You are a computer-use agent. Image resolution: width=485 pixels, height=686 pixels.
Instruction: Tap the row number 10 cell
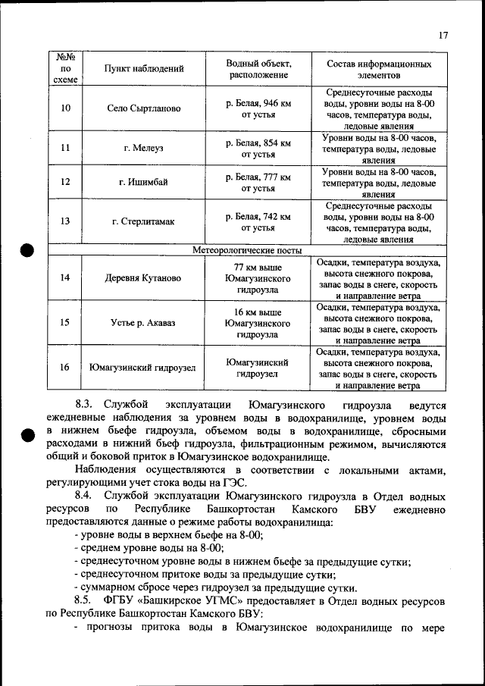[x=66, y=108]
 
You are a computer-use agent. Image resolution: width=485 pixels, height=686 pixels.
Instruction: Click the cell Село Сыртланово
[x=144, y=108]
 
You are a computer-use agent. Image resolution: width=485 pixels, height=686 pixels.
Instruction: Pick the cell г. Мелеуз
[x=144, y=148]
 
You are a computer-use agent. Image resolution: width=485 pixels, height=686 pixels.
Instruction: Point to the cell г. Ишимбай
[x=144, y=182]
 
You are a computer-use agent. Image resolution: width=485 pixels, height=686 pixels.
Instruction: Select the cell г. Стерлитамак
[x=144, y=221]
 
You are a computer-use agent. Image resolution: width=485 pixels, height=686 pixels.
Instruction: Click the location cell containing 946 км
[x=258, y=108]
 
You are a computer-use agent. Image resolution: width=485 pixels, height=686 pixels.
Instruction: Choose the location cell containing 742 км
[x=258, y=221]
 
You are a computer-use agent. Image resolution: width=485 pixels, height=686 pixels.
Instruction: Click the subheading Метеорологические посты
[x=247, y=250]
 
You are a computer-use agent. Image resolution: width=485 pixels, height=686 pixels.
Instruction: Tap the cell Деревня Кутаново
[x=144, y=278]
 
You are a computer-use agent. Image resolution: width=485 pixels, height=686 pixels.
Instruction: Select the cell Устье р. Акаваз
[x=144, y=323]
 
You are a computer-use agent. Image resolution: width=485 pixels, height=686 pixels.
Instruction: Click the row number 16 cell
[x=66, y=368]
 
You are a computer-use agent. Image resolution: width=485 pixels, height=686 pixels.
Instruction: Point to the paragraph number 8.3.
[x=83, y=406]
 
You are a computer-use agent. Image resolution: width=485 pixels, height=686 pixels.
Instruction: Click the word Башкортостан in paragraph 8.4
[x=203, y=510]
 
